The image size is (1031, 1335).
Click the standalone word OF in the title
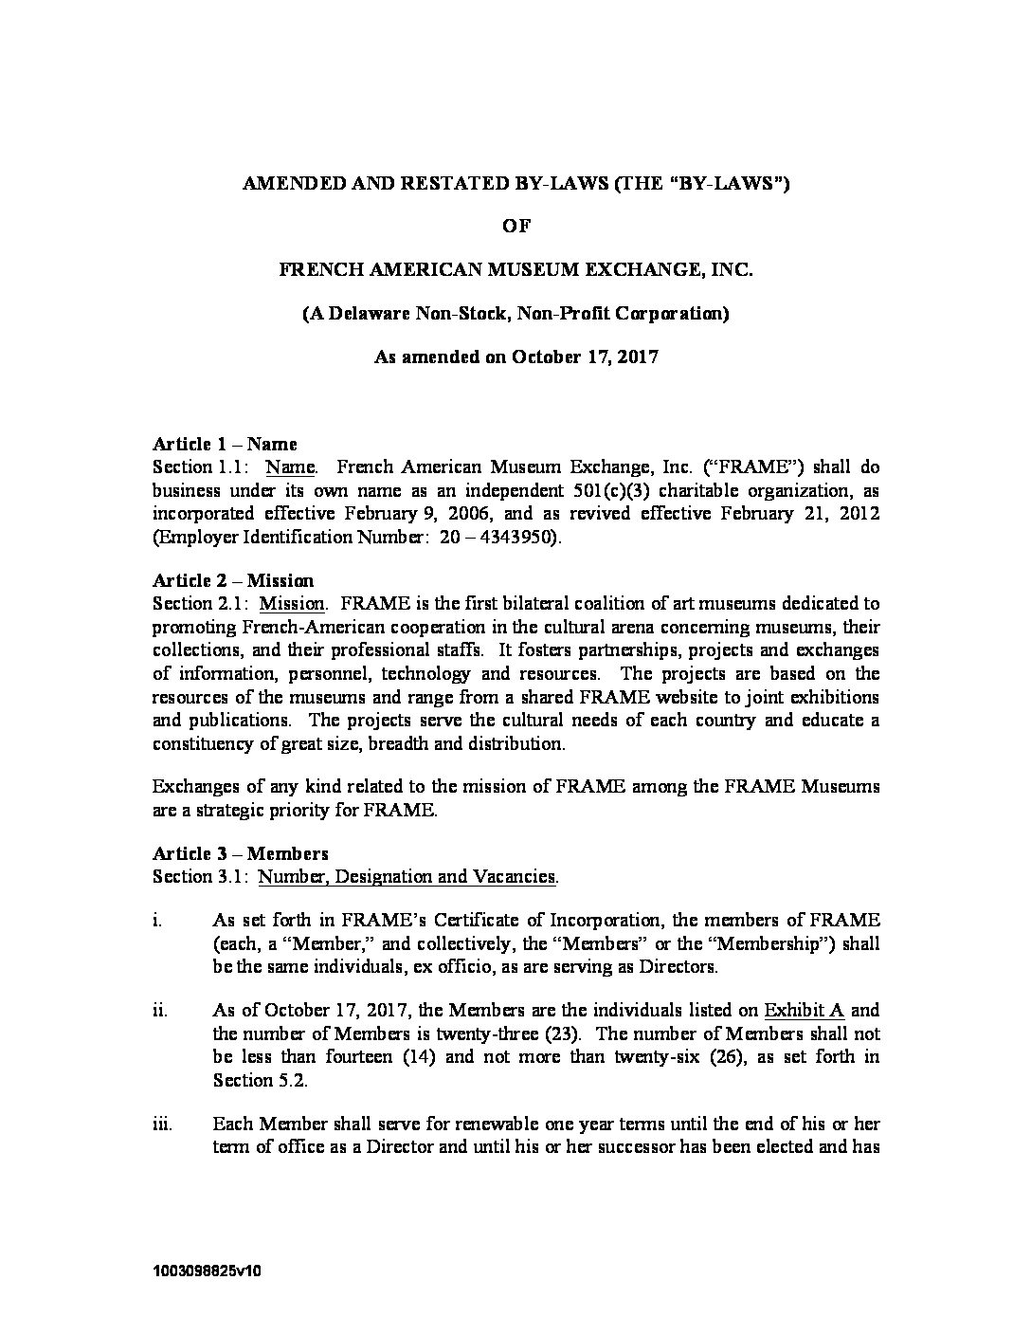[x=515, y=226]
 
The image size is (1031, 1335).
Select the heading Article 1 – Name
[x=225, y=444]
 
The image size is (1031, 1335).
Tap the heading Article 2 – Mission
[x=233, y=580]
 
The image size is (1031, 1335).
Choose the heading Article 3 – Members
[x=241, y=853]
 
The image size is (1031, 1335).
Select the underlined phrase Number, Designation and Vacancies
[x=407, y=876]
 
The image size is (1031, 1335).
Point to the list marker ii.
[x=159, y=1011]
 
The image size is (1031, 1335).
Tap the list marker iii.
[x=161, y=1125]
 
